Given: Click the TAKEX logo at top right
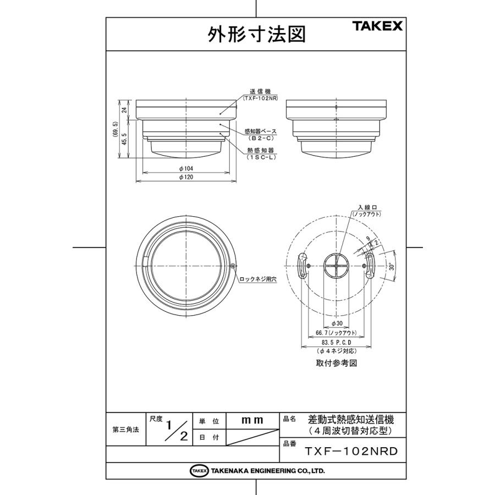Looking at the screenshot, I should tap(377, 25).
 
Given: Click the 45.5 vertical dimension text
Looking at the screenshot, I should tap(125, 140).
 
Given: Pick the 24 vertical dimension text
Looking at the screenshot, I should tap(125, 110).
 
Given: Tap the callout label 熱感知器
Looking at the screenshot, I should tap(261, 150).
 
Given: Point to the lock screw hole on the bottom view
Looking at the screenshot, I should tap(234, 267).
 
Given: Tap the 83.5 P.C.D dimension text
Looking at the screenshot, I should tap(337, 342).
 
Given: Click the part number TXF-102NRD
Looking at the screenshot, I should tap(351, 452).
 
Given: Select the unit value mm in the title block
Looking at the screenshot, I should tap(252, 420).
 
